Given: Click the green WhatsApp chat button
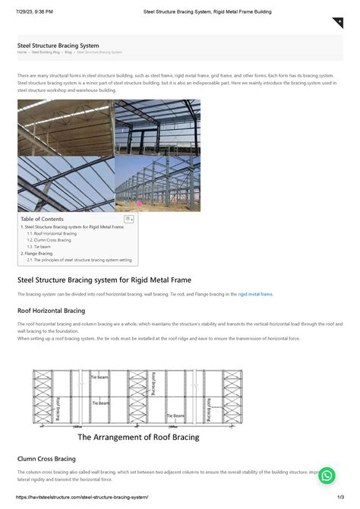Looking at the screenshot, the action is coord(327,476).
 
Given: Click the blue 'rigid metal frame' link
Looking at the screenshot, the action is coord(254,293).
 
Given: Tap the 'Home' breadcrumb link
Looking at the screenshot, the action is coord(22,52).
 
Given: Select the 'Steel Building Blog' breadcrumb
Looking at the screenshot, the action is coord(46,52).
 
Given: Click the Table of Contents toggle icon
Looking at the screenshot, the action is coord(128,219).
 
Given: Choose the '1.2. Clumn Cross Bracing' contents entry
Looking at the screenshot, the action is coord(49,240).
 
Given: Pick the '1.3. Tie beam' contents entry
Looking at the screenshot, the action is coord(39,247).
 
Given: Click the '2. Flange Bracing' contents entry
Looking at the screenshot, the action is coord(36,253).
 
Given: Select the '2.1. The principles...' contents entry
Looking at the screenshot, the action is coord(79,260).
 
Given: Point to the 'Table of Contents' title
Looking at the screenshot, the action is coord(42,219).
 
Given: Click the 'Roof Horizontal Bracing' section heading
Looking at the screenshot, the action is coord(51,310).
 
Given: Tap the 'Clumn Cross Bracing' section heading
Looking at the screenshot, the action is coord(46,459).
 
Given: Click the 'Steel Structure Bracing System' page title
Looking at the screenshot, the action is coord(58,46).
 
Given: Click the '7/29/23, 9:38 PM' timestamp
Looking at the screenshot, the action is coord(36,12).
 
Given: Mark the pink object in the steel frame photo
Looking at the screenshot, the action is coord(139,204).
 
